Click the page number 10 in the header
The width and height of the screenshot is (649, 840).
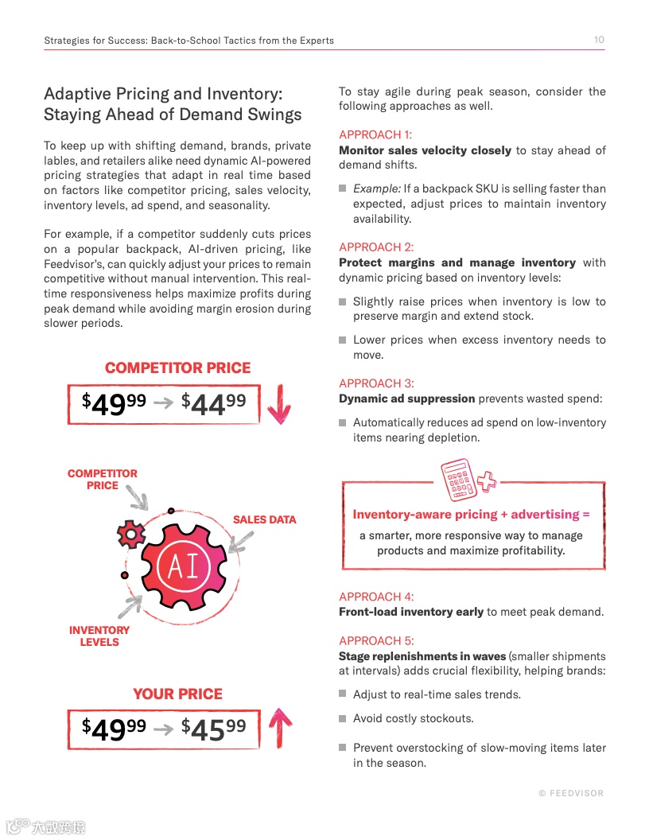pyautogui.click(x=599, y=40)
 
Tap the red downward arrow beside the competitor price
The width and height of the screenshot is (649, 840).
pyautogui.click(x=278, y=404)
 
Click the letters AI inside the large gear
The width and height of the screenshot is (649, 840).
pyautogui.click(x=183, y=566)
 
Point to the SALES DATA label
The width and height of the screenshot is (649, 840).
pyautogui.click(x=264, y=519)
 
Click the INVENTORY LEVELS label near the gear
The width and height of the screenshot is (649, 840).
pyautogui.click(x=99, y=636)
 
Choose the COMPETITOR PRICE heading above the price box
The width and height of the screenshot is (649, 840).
pyautogui.click(x=177, y=368)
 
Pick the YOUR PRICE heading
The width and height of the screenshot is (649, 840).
pyautogui.click(x=177, y=694)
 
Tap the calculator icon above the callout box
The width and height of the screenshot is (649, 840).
pyautogui.click(x=459, y=480)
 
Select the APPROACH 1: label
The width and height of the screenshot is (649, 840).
pyautogui.click(x=375, y=135)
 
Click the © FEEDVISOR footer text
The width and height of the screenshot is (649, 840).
pyautogui.click(x=570, y=793)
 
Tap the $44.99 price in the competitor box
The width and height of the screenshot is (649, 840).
pyautogui.click(x=213, y=403)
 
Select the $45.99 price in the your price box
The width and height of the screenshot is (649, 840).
pyautogui.click(x=213, y=728)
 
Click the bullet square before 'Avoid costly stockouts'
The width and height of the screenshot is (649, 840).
pyautogui.click(x=343, y=718)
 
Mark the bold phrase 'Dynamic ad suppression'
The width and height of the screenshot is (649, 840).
pyautogui.click(x=406, y=399)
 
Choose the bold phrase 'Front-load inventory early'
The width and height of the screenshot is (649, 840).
pyautogui.click(x=410, y=612)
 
